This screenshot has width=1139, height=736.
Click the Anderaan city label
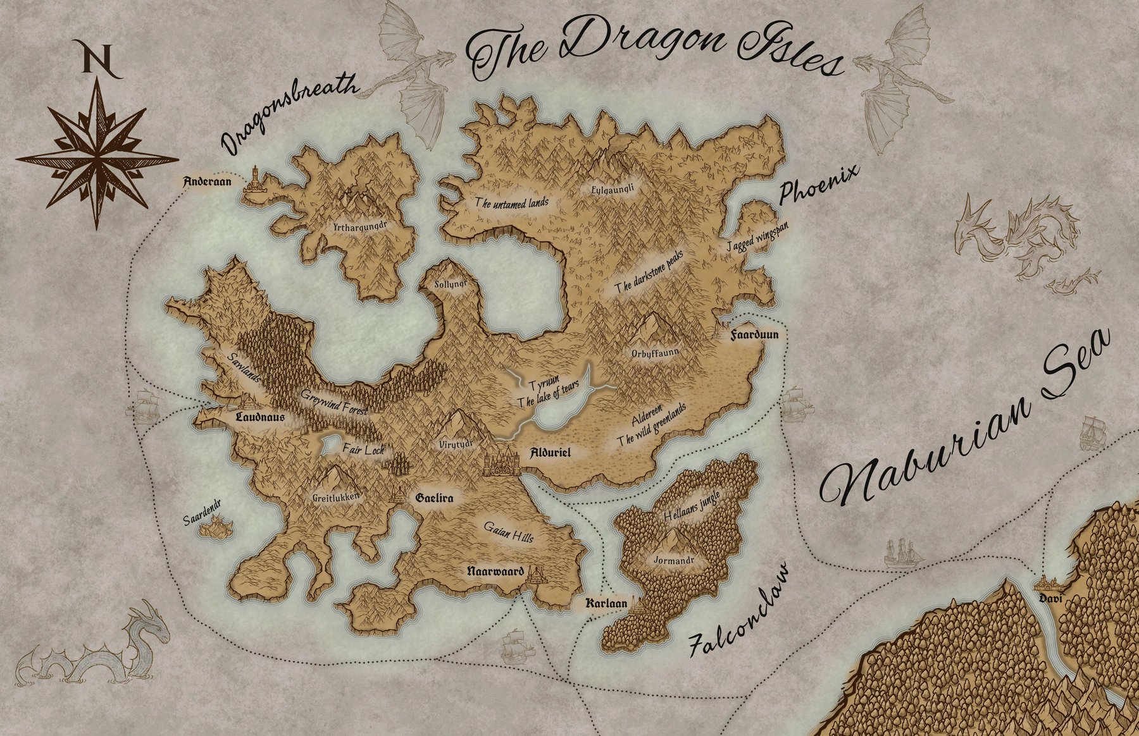[x=207, y=182]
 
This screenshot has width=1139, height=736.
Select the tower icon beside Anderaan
[x=255, y=183]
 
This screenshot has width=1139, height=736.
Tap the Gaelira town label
[x=435, y=498]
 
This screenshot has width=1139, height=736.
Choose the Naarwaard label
[x=495, y=572]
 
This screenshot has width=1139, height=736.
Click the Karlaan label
[x=606, y=603]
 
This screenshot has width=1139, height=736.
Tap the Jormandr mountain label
[x=673, y=560]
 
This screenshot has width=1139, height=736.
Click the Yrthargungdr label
[x=359, y=225]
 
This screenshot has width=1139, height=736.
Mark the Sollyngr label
[x=451, y=285]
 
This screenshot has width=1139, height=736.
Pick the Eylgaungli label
[x=612, y=188]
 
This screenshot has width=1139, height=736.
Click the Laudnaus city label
[x=259, y=417]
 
